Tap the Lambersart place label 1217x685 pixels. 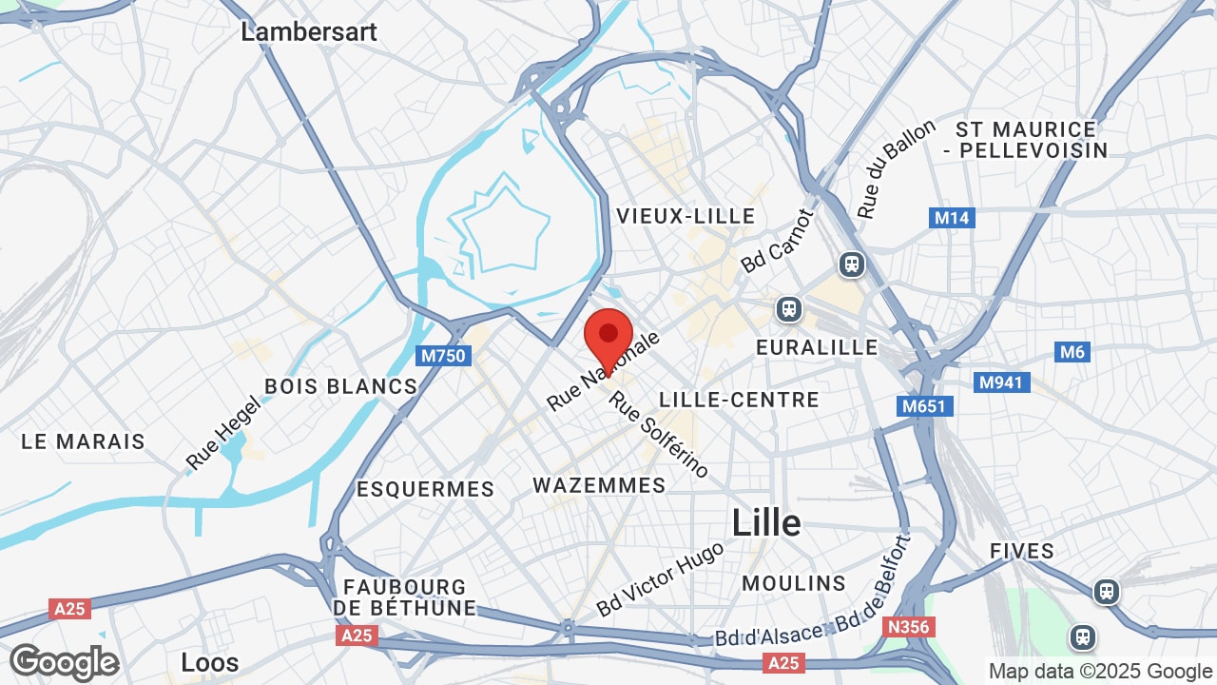pos(309,31)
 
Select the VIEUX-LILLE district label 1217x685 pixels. pos(686,216)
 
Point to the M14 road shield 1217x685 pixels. pos(952,218)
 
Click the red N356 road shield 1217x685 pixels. pos(909,627)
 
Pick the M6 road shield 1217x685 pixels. pos(1072,352)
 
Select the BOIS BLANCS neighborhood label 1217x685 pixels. pos(340,386)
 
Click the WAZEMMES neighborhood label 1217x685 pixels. pos(599,485)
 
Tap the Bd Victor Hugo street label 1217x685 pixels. pos(661,577)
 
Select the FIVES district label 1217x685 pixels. pos(1022,551)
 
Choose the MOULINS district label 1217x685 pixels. pos(794,582)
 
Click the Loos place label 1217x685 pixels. pos(210,662)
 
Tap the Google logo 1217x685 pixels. pos(64,662)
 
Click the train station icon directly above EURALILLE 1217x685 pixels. pos(787,308)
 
